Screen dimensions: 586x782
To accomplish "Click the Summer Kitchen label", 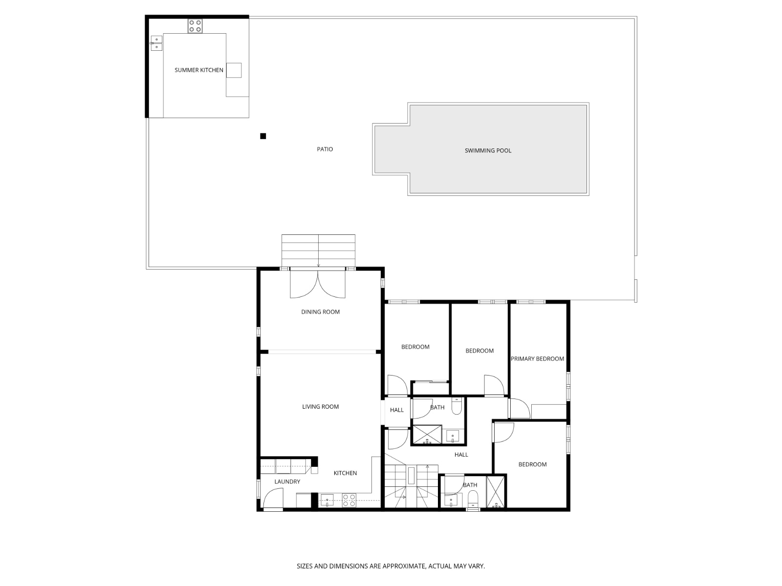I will coord(199,70).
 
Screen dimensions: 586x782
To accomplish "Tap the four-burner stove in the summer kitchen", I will coord(195,26).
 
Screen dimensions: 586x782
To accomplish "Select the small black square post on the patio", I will coord(263,136).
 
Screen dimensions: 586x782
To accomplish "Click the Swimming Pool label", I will coord(488,151).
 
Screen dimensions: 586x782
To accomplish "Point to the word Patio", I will coord(325,149).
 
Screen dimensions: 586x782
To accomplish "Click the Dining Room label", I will coord(320,312).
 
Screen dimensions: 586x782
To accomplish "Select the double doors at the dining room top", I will coord(318,284).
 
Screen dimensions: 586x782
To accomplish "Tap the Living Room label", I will coord(320,407).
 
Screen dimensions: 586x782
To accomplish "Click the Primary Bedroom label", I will coord(537,359).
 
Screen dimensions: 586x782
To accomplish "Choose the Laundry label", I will coord(287,482).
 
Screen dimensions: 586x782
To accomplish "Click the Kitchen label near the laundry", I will coord(345,473).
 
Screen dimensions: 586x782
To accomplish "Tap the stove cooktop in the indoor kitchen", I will coord(348,500).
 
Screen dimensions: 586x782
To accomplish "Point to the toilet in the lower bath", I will coord(473,499).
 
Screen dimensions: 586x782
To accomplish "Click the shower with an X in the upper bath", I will coord(427,435).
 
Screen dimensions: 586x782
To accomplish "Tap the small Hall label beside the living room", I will coord(396,410).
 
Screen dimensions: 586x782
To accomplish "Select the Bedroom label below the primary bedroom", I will coord(532,464).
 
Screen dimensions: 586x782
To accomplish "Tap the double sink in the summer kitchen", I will coord(156,43).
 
